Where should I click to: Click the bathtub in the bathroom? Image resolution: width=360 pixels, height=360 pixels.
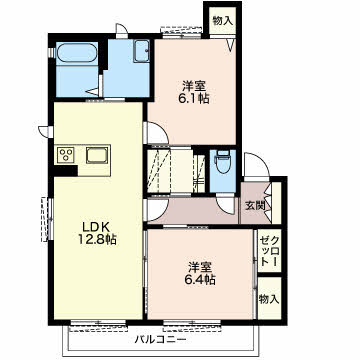77,53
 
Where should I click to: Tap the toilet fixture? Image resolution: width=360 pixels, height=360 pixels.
223,161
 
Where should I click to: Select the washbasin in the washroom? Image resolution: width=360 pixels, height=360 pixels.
142,51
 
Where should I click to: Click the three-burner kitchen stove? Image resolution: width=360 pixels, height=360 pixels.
65,155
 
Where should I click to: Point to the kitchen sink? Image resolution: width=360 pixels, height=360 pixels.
97,155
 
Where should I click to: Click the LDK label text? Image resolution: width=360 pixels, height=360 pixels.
96,227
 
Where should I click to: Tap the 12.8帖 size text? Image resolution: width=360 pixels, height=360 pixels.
97,239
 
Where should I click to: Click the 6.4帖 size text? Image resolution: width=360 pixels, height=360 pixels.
200,279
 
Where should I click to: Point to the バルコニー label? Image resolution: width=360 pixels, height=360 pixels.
161,340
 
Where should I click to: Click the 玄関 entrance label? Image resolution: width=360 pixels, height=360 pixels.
255,206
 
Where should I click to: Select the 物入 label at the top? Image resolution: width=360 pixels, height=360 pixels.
222,21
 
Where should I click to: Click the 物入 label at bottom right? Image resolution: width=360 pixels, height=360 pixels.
269,299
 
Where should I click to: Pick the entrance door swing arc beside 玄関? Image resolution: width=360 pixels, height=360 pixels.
257,164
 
